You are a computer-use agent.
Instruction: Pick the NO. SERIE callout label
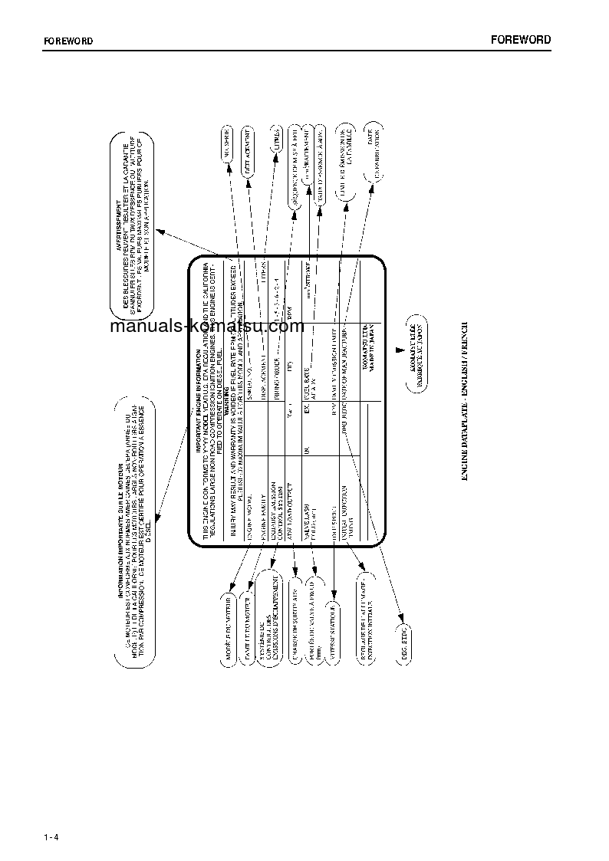pos(229,144)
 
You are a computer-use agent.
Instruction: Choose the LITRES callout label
pos(272,143)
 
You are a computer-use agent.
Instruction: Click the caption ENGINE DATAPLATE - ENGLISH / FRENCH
pos(466,403)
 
